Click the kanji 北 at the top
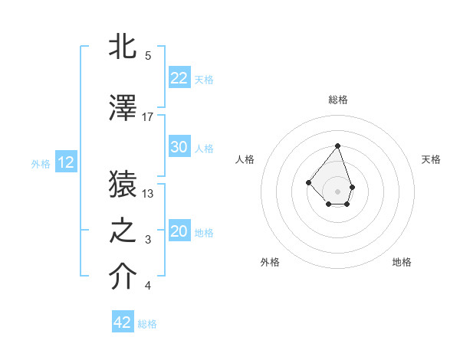123,48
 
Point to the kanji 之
123,231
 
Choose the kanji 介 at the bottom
123,278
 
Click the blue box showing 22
179,78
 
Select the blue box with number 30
179,148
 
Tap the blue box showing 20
179,232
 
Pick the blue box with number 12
66,162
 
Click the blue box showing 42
123,322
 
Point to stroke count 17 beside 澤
148,116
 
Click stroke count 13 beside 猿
148,193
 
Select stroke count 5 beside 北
148,56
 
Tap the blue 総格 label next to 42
147,324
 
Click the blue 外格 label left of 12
40,163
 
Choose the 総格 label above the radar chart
337,100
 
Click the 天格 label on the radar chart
431,159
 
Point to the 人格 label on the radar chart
245,159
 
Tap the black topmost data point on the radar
337,146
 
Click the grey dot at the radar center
337,191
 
